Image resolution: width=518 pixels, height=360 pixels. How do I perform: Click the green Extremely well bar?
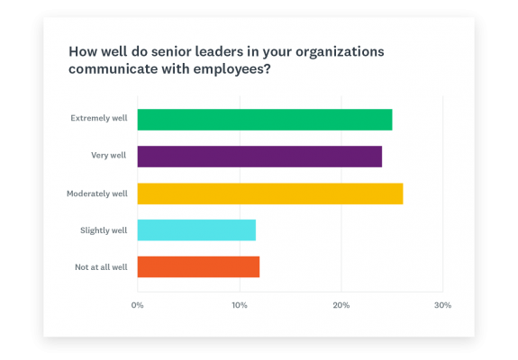point(264,119)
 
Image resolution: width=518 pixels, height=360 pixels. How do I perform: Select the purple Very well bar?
point(259,156)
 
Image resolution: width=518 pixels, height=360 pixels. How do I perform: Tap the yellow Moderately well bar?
point(269,193)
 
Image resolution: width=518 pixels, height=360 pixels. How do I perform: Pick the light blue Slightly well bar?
point(196,229)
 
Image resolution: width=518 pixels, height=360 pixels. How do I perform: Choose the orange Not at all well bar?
point(198,266)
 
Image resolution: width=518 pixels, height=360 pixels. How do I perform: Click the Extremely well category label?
point(98,119)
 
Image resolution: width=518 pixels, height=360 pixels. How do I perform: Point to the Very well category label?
point(108,156)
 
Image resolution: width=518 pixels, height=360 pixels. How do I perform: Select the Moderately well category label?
point(96,193)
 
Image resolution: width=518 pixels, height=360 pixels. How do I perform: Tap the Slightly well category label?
point(104,229)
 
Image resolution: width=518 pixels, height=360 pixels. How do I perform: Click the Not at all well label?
point(100,266)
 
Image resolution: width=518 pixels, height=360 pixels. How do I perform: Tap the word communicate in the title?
point(113,70)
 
